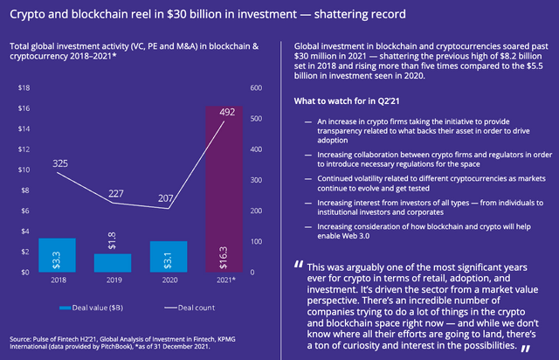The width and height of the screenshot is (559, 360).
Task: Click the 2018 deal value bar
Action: click(58, 255)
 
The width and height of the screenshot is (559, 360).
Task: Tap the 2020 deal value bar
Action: click(169, 256)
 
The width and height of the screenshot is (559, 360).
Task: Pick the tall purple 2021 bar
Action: click(224, 189)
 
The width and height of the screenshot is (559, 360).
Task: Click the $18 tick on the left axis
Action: click(24, 87)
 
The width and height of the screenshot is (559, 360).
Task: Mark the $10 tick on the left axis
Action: click(24, 170)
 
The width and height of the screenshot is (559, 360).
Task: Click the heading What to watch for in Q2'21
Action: click(343, 101)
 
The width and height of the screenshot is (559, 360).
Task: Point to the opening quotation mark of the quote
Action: click(299, 264)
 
